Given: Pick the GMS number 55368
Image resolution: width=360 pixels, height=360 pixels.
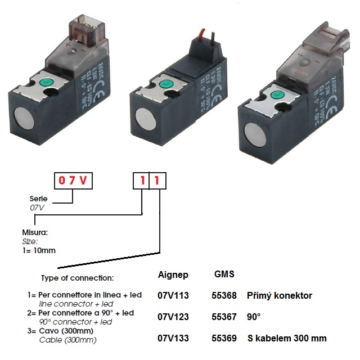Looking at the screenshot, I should (x=223, y=295).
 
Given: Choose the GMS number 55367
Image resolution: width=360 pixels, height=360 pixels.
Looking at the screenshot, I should (x=223, y=317).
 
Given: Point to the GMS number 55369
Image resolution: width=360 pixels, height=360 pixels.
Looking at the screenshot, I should (x=223, y=338).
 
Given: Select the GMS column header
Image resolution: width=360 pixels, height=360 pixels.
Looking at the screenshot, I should (x=224, y=274).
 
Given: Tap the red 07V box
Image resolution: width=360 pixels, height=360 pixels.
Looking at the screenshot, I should (x=72, y=181).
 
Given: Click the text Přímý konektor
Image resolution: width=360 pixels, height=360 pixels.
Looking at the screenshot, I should (x=279, y=295).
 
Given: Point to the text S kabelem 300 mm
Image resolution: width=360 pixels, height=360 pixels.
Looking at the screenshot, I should (x=287, y=338).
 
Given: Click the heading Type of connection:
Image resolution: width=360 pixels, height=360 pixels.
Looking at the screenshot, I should (x=77, y=278).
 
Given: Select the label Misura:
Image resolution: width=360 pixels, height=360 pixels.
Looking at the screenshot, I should (x=34, y=232).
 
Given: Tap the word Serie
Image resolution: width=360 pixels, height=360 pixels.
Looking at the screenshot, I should (x=38, y=199).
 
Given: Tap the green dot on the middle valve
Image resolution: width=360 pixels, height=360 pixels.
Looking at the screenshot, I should (x=165, y=85).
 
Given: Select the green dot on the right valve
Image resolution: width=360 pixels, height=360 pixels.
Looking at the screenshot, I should (x=277, y=93).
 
